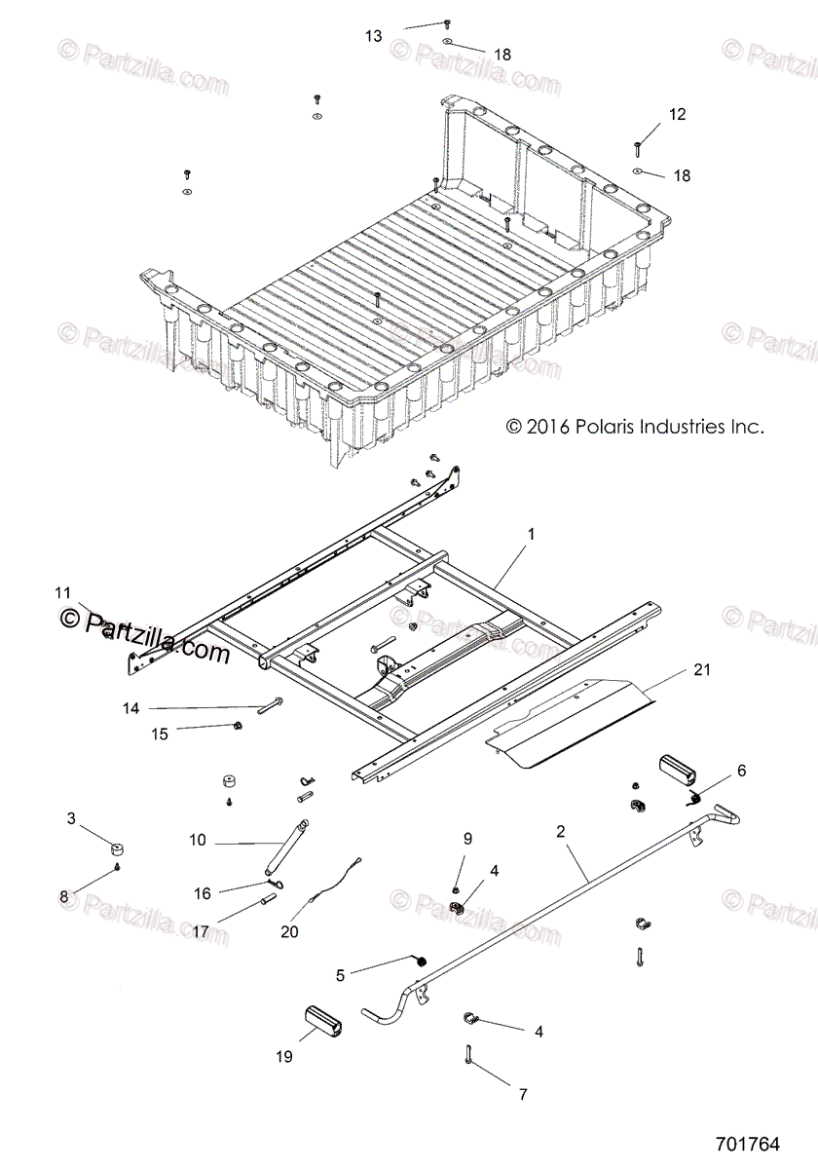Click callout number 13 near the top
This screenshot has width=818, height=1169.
(374, 36)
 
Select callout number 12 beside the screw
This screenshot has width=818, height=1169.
(677, 114)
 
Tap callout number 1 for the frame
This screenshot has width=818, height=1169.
(531, 535)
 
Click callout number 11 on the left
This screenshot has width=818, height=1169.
(63, 592)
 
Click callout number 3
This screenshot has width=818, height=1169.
(71, 818)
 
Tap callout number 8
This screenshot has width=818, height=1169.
(66, 895)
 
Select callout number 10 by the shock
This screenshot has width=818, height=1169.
(198, 840)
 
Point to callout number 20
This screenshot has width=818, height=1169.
(289, 931)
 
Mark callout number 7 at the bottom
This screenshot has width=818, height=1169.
(522, 1094)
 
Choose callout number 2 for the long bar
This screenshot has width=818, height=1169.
(560, 831)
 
